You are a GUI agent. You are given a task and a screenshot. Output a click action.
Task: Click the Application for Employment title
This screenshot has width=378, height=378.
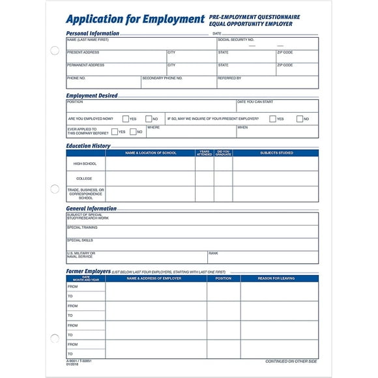136,20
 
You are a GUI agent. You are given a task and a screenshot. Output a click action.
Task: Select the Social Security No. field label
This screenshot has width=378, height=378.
236,40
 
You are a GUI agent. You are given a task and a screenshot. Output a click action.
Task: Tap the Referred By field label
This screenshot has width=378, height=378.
229,78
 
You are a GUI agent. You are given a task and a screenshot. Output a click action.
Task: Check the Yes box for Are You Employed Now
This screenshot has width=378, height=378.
125,119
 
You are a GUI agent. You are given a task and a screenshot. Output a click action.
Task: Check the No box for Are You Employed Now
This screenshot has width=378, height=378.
149,119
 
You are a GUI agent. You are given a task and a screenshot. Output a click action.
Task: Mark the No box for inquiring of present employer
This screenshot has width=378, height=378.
300,119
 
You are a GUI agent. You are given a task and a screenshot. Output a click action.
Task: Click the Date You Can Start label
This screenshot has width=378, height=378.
255,102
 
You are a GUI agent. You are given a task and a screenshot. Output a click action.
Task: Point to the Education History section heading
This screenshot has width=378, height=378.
88,146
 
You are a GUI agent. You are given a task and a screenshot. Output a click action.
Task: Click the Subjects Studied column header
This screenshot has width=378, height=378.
276,153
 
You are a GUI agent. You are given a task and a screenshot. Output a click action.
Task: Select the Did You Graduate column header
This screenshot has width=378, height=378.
224,153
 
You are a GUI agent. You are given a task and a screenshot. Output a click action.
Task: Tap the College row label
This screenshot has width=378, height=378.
84,179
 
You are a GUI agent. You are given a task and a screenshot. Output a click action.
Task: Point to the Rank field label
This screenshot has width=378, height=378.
213,253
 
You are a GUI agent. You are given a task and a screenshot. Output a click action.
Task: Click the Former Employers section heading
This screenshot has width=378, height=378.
88,270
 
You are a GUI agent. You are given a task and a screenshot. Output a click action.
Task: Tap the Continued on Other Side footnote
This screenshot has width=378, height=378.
291,361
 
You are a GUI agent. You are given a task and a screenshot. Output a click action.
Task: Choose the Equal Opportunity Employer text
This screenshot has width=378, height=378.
251,24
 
